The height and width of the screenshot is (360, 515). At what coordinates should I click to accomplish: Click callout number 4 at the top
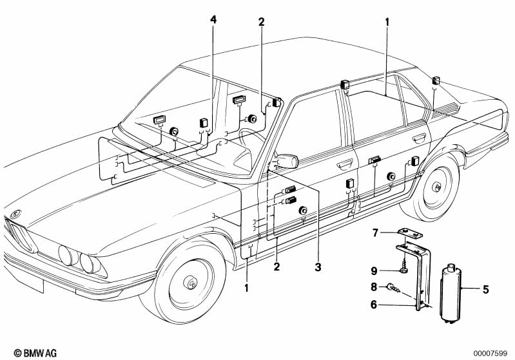213,20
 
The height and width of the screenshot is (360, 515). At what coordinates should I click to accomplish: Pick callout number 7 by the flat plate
376,232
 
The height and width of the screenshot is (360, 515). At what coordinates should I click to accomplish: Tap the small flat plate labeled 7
409,233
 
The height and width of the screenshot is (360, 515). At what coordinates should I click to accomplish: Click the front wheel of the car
191,283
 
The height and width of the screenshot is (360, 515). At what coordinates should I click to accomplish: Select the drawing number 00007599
493,353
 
